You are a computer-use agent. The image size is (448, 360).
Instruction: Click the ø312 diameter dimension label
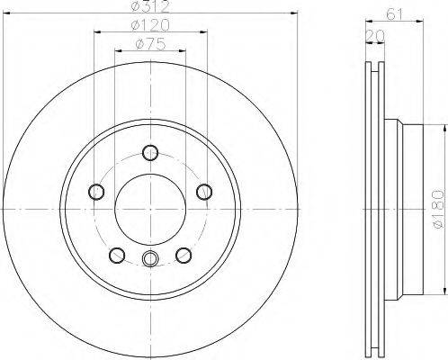click(x=150, y=6)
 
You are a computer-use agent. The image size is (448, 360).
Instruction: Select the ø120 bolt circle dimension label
click(x=150, y=25)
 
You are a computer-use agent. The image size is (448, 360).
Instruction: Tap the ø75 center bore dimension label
click(x=150, y=44)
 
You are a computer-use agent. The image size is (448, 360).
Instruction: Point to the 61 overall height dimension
click(x=394, y=14)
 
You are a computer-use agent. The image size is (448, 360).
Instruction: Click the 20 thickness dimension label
click(x=375, y=36)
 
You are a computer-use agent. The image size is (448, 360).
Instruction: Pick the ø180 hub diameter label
click(x=438, y=209)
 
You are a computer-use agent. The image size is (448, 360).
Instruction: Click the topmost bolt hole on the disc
click(x=150, y=152)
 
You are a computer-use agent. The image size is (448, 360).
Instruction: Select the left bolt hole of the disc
click(x=96, y=192)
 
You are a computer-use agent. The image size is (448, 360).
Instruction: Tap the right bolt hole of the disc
click(x=204, y=192)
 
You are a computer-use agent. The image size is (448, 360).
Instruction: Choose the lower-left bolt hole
click(x=117, y=256)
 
